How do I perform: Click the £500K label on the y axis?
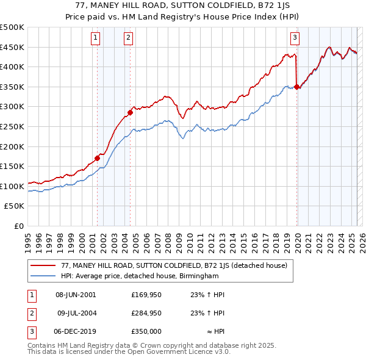[12, 27]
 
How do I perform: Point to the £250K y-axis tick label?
[12, 126]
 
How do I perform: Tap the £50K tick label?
[15, 206]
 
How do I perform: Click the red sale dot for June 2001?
[97, 158]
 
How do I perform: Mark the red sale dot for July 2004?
[130, 112]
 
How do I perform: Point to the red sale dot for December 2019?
[296, 87]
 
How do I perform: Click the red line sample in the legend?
[43, 265]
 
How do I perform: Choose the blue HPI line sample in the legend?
[43, 276]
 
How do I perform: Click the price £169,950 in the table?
[146, 295]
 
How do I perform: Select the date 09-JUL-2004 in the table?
[76, 313]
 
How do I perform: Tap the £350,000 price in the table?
[146, 331]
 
